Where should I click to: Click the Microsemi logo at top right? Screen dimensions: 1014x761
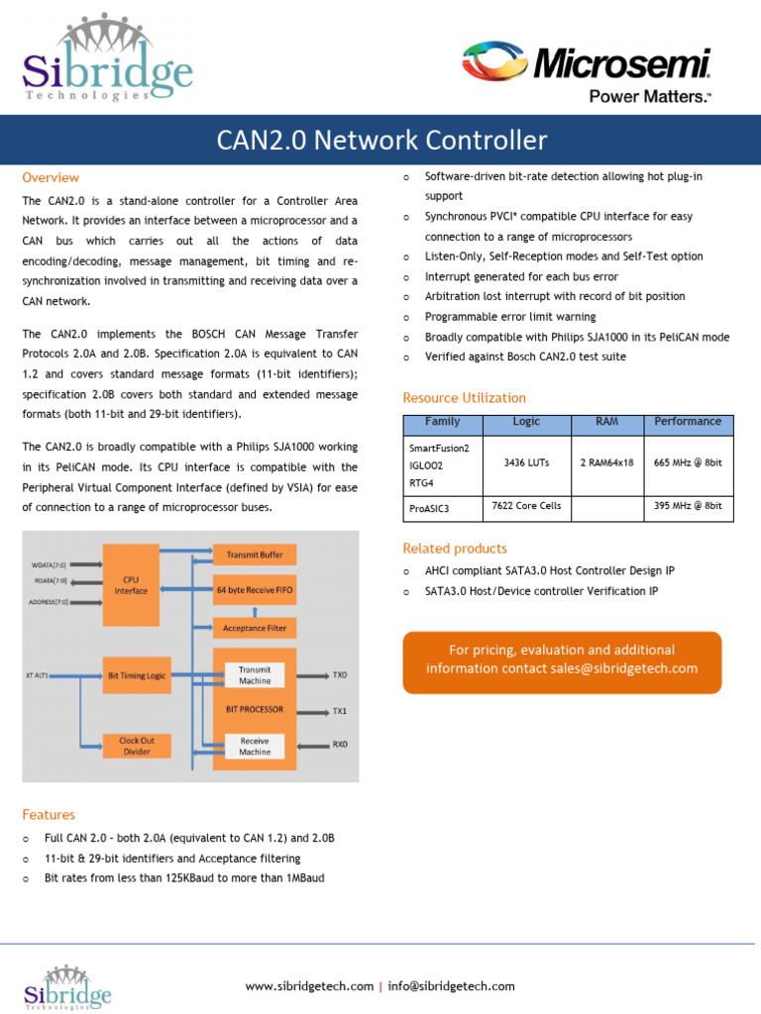(x=588, y=70)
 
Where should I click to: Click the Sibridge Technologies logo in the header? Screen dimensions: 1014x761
(x=107, y=58)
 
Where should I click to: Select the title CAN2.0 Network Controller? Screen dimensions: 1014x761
(x=381, y=140)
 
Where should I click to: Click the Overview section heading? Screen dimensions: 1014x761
(x=51, y=178)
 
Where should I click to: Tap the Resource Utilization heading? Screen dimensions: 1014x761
(x=464, y=398)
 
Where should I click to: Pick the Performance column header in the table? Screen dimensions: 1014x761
(x=688, y=422)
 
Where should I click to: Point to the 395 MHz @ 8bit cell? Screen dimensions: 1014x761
(x=688, y=506)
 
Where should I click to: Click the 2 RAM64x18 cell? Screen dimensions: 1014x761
(x=606, y=462)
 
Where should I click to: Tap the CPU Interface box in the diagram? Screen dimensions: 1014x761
(x=131, y=584)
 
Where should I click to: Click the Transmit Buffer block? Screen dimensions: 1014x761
(x=255, y=556)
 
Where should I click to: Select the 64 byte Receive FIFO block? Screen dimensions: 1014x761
(x=255, y=590)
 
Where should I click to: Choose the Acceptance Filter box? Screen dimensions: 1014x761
(x=255, y=628)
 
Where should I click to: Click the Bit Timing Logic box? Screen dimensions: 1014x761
(x=138, y=675)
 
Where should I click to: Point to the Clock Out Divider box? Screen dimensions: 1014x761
(x=137, y=746)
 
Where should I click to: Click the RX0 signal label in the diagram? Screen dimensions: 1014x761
(x=340, y=744)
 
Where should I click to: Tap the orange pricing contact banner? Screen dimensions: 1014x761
(x=562, y=659)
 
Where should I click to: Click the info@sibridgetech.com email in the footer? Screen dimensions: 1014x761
(x=452, y=986)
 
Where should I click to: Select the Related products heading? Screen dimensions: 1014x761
(x=455, y=549)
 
